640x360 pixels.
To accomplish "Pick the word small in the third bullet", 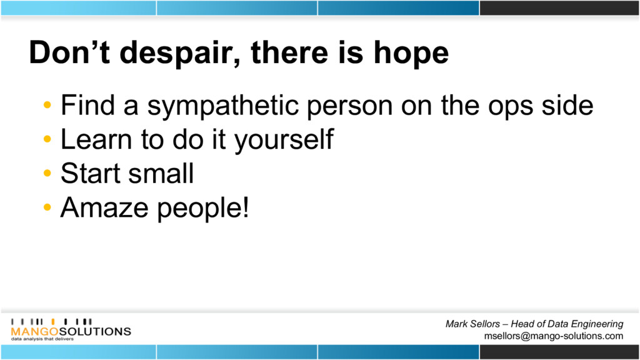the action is click(x=161, y=173).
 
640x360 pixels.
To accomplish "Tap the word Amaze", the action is click(x=104, y=207).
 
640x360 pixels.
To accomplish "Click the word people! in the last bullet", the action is click(x=203, y=209).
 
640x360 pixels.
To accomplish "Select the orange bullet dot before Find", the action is click(x=47, y=105).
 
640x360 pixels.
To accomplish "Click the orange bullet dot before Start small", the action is click(x=47, y=173).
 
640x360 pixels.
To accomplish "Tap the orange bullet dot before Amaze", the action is click(x=47, y=207).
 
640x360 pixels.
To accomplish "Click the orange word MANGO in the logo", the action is click(x=35, y=331).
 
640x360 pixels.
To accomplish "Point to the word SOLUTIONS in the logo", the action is click(x=95, y=331).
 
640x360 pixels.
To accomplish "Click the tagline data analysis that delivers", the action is click(x=42, y=339).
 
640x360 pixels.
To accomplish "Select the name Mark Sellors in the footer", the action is click(x=472, y=324).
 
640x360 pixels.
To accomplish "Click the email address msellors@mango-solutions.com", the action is click(x=554, y=336).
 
